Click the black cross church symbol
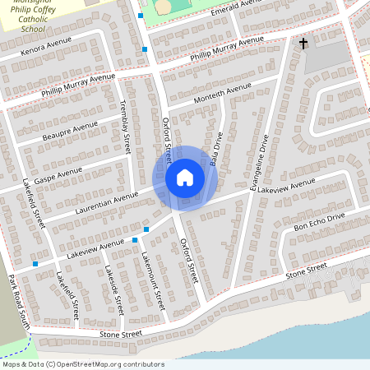point(303,42)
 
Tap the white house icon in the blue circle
point(185,178)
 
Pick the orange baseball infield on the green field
point(164,6)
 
